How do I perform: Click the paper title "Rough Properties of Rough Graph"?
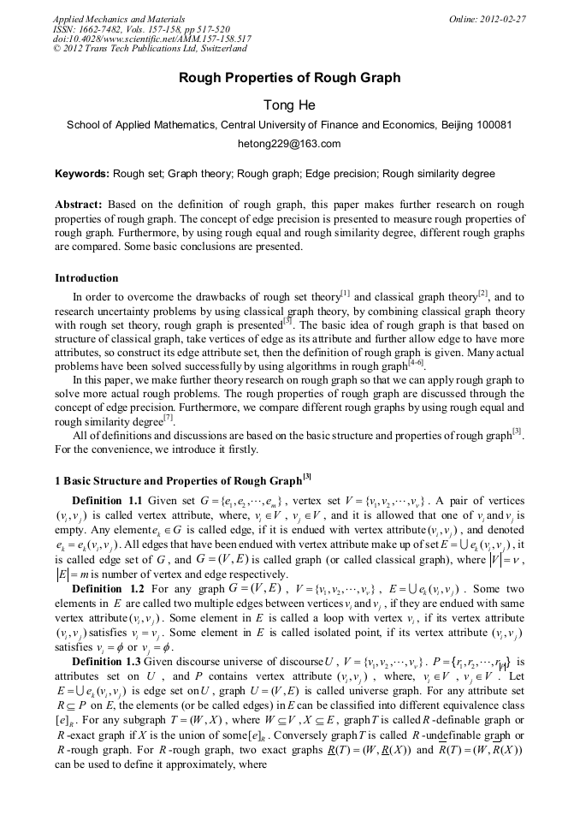tap(289, 78)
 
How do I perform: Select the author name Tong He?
tap(289, 105)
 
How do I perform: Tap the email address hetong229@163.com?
tap(289, 144)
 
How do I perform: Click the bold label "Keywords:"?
tap(82, 174)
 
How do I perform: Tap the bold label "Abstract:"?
tap(79, 205)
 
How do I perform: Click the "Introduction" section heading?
tap(86, 278)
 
